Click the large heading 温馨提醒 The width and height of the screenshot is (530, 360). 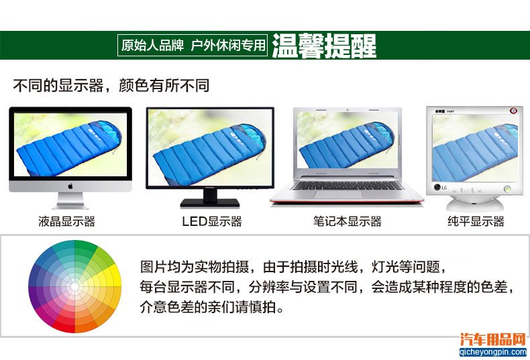point(324,46)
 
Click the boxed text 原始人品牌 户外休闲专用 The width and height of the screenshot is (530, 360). point(193,46)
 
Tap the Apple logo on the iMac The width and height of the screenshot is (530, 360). point(70,186)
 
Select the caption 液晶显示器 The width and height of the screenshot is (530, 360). point(66,221)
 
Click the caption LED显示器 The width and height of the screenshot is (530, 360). point(212,221)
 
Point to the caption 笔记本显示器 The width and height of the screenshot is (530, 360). point(347,221)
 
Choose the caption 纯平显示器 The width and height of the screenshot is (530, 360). point(476,221)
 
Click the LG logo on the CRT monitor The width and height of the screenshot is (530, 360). point(440,188)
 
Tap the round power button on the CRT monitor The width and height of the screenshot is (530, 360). point(507,189)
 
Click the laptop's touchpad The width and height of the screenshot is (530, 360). point(337,194)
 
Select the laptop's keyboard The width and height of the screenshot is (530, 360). point(347,186)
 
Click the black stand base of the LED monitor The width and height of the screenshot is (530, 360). point(210,202)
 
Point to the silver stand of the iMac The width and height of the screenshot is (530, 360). point(70,200)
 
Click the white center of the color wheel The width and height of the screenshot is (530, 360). point(74,287)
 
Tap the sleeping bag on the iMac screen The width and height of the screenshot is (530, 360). point(69,149)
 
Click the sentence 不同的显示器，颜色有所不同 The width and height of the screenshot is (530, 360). point(111,85)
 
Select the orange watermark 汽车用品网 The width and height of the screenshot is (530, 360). point(493,340)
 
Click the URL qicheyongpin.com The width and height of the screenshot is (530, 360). point(493,352)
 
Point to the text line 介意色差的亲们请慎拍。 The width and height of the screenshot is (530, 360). point(212,307)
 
